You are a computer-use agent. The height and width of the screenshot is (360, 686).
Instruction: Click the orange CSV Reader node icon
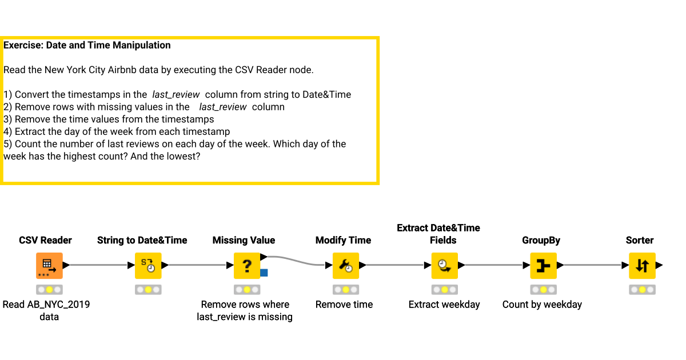click(49, 266)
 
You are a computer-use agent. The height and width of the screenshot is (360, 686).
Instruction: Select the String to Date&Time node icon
click(148, 266)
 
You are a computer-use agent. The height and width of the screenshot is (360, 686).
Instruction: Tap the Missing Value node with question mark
click(247, 266)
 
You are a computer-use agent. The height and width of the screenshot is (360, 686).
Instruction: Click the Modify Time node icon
click(346, 266)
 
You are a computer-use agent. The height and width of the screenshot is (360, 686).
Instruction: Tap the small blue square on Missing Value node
click(264, 273)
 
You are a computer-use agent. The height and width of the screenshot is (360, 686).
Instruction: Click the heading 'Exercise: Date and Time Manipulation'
click(87, 45)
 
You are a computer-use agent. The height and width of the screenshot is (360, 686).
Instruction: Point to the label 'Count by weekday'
click(542, 305)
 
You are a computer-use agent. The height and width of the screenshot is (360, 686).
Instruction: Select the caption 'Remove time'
click(344, 305)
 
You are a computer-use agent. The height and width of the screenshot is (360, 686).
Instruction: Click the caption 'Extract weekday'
click(444, 305)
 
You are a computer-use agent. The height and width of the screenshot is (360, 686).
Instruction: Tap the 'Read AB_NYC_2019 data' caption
click(46, 310)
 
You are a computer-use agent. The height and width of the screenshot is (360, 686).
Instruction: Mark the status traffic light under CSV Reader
click(49, 290)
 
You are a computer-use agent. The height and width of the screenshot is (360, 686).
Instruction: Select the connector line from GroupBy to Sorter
click(592, 265)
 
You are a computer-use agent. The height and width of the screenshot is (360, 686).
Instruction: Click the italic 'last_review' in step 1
click(176, 95)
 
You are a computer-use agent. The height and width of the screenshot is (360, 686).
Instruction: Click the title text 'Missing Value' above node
click(244, 241)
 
